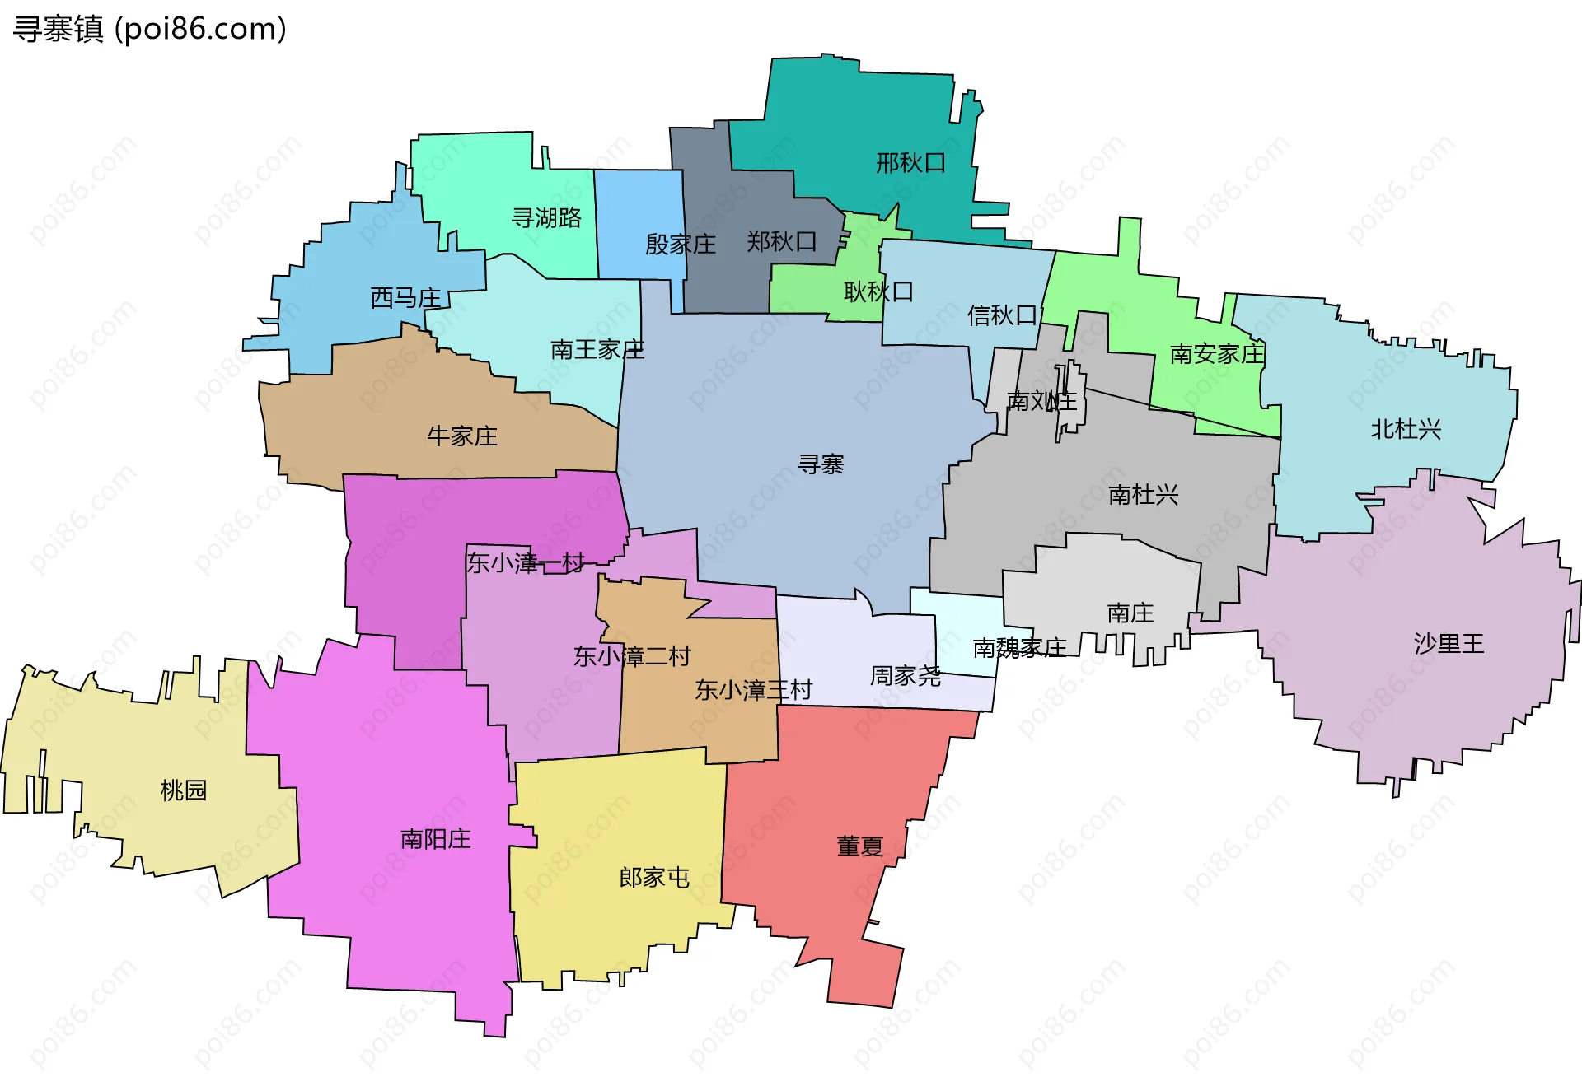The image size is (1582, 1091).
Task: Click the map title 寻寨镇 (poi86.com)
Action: pyautogui.click(x=150, y=29)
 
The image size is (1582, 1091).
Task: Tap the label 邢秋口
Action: pyautogui.click(x=910, y=163)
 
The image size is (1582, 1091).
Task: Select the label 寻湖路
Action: pyautogui.click(x=546, y=218)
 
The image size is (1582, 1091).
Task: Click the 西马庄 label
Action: pyautogui.click(x=405, y=297)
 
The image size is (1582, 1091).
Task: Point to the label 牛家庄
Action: pyautogui.click(x=462, y=436)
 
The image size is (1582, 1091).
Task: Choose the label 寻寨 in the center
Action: pyautogui.click(x=821, y=464)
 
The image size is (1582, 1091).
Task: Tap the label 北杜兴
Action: pyautogui.click(x=1406, y=429)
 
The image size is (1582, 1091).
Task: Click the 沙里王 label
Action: pyautogui.click(x=1449, y=643)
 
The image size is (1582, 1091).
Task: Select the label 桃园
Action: pyautogui.click(x=183, y=790)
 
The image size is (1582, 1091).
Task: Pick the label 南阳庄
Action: pyautogui.click(x=435, y=839)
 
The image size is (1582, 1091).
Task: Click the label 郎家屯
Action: pyautogui.click(x=654, y=878)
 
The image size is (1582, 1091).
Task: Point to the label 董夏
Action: pyautogui.click(x=859, y=846)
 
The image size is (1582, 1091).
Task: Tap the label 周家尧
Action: pyautogui.click(x=905, y=676)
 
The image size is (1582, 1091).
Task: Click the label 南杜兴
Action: pyautogui.click(x=1143, y=495)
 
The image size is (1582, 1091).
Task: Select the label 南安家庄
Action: pyautogui.click(x=1216, y=354)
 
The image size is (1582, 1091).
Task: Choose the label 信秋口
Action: pyautogui.click(x=1002, y=315)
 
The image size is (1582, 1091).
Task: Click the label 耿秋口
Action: pyautogui.click(x=878, y=291)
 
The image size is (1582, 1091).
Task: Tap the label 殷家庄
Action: pyautogui.click(x=680, y=245)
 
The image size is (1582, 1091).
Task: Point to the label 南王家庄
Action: pyautogui.click(x=597, y=350)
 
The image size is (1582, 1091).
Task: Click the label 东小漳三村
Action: pyautogui.click(x=753, y=690)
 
